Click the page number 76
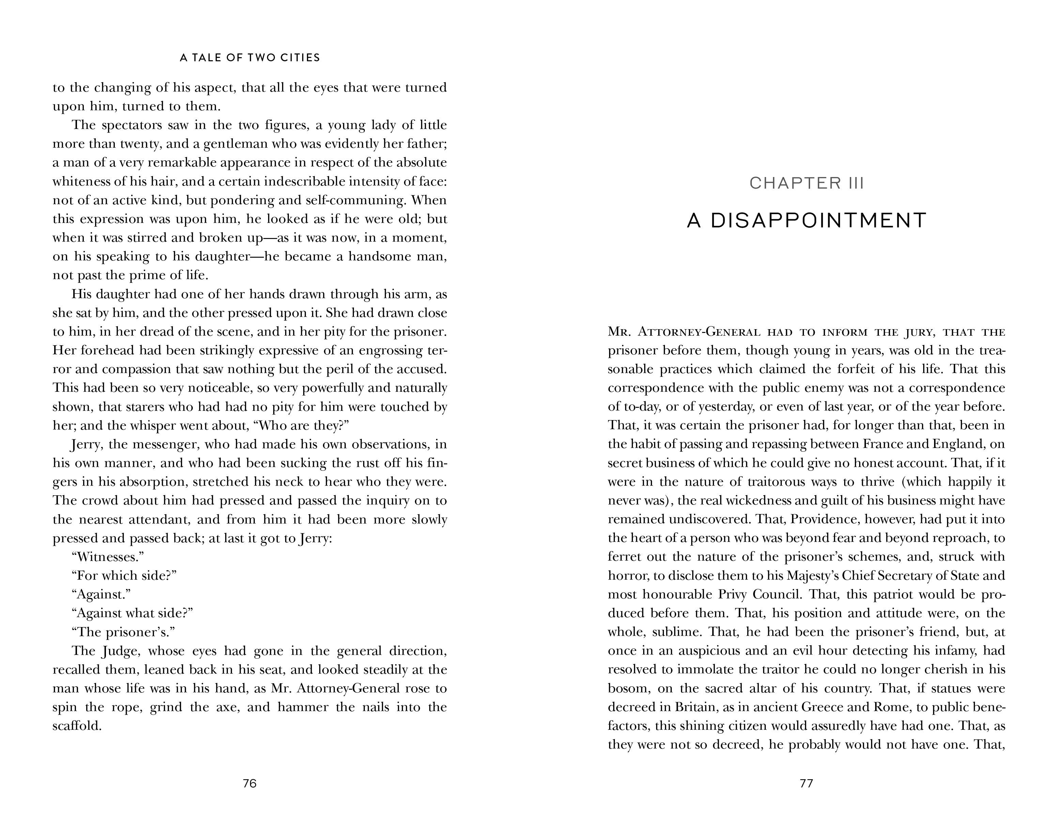[x=249, y=783]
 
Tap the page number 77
[x=806, y=783]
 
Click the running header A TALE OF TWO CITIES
[x=250, y=58]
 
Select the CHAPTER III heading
[x=806, y=183]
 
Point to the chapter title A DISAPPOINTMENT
[x=806, y=221]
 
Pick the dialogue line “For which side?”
[x=124, y=576]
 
